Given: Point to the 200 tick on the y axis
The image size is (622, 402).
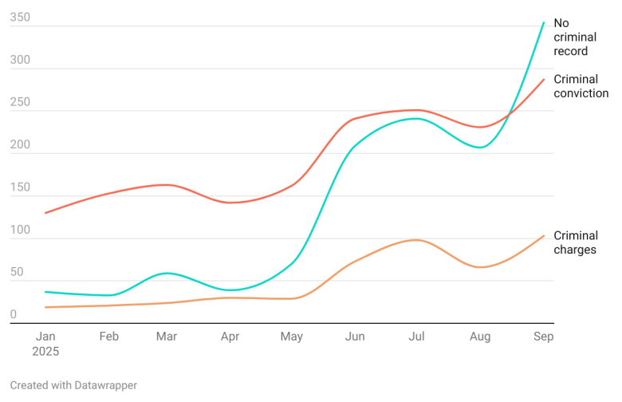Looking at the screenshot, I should (x=20, y=144).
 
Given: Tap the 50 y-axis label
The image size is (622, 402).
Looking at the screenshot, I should (x=17, y=272).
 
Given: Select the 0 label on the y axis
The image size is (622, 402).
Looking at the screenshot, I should (x=14, y=315).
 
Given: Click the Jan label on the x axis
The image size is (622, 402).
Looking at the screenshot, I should (x=45, y=337).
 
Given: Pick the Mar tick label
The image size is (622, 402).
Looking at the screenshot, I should (x=167, y=337).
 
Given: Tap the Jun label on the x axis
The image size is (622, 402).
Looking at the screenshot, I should (x=355, y=337).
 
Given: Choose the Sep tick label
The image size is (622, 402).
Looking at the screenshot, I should (x=543, y=337).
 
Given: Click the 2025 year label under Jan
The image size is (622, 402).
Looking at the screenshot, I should (x=45, y=351).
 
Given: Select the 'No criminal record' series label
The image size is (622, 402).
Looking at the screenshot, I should (x=573, y=37).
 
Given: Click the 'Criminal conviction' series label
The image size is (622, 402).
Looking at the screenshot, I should (x=581, y=86).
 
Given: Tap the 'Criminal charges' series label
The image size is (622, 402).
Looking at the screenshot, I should (x=575, y=242).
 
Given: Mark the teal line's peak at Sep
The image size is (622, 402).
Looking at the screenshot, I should (x=544, y=22).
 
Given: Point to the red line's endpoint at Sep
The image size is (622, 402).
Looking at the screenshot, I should (x=544, y=79).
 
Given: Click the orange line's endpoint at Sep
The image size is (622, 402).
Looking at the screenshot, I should (x=544, y=235).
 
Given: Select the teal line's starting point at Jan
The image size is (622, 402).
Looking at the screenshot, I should (x=45, y=292).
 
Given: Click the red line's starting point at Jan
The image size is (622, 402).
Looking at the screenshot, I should (x=45, y=213).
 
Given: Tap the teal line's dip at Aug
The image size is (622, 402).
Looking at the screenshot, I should (x=481, y=148).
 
